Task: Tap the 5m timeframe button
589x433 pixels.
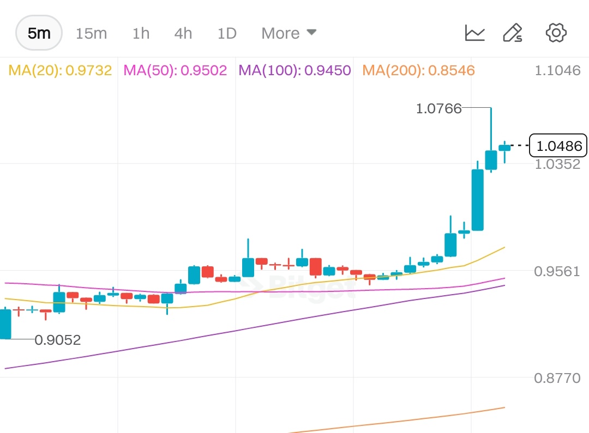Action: tap(39, 33)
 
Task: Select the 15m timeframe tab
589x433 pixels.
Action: tap(91, 33)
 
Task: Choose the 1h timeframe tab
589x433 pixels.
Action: tap(141, 33)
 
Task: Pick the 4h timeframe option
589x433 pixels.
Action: tap(183, 33)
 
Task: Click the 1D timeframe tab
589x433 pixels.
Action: tap(227, 33)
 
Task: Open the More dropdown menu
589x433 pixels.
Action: tap(289, 33)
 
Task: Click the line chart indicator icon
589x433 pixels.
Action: tap(474, 33)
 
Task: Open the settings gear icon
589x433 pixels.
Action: tap(556, 33)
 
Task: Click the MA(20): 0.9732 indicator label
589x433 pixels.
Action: tap(60, 70)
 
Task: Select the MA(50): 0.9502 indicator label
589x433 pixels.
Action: tap(175, 70)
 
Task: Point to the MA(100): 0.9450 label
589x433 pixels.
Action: tap(294, 70)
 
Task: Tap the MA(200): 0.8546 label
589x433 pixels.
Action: tap(418, 70)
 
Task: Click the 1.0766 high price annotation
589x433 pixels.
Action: tap(438, 108)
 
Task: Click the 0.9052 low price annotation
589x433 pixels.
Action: tap(57, 340)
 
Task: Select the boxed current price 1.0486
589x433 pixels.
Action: tap(558, 145)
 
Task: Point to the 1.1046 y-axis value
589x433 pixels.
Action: tap(558, 70)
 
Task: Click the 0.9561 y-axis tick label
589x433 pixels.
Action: tap(558, 271)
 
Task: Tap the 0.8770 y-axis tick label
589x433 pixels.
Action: tap(558, 378)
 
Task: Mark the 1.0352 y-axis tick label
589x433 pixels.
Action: tap(558, 164)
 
